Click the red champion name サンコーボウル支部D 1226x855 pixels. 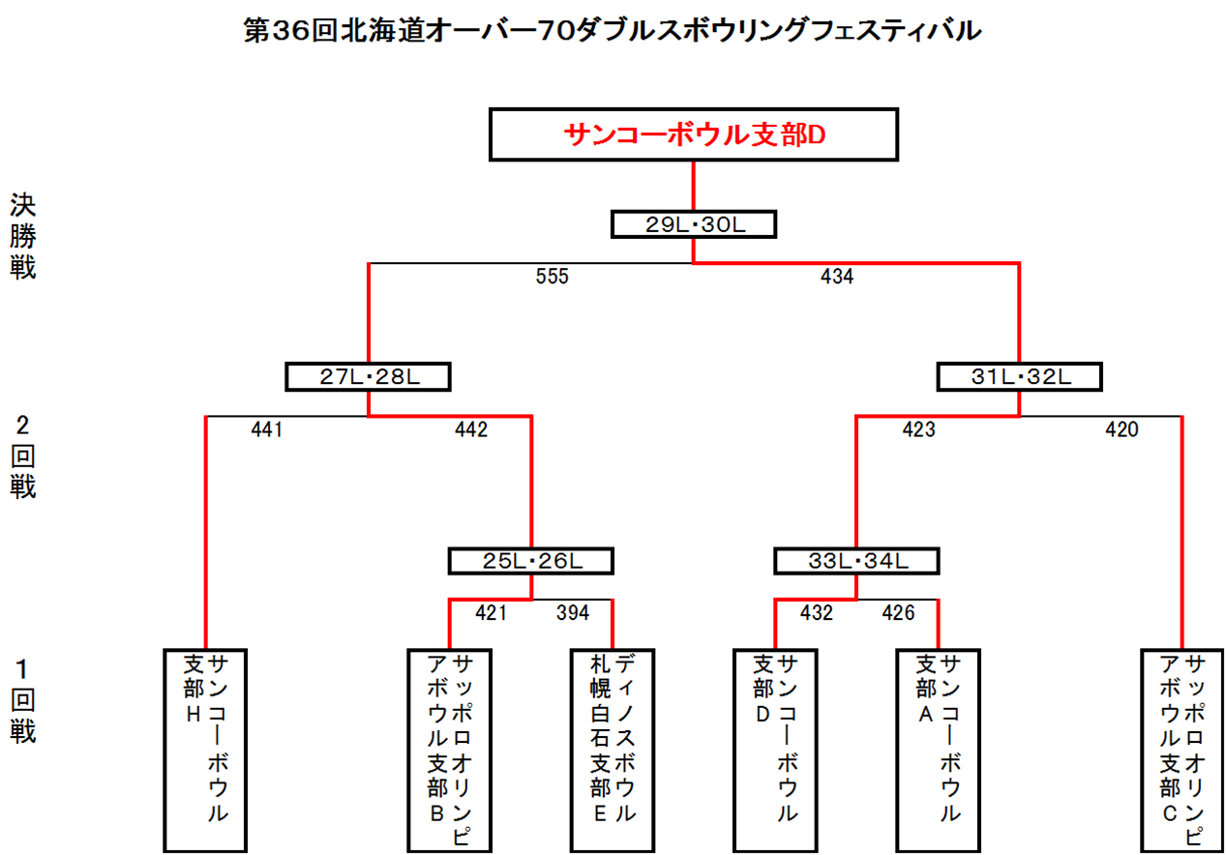tap(693, 135)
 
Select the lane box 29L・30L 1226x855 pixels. tap(694, 224)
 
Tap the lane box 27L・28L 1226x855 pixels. tap(369, 376)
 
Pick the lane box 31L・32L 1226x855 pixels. tap(1020, 376)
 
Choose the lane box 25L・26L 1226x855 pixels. tap(531, 560)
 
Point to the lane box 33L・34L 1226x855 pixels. tap(857, 560)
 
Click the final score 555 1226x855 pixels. tap(552, 277)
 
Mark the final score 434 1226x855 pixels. tap(837, 277)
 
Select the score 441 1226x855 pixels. tap(266, 429)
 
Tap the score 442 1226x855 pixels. tap(471, 429)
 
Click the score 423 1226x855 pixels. tap(918, 429)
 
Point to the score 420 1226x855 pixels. tap(1122, 429)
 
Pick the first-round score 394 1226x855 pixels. tap(572, 612)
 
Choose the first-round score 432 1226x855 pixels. tap(817, 612)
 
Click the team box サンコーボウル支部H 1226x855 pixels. tap(206, 750)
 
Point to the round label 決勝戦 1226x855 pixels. tap(23, 237)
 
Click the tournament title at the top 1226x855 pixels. tap(613, 31)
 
